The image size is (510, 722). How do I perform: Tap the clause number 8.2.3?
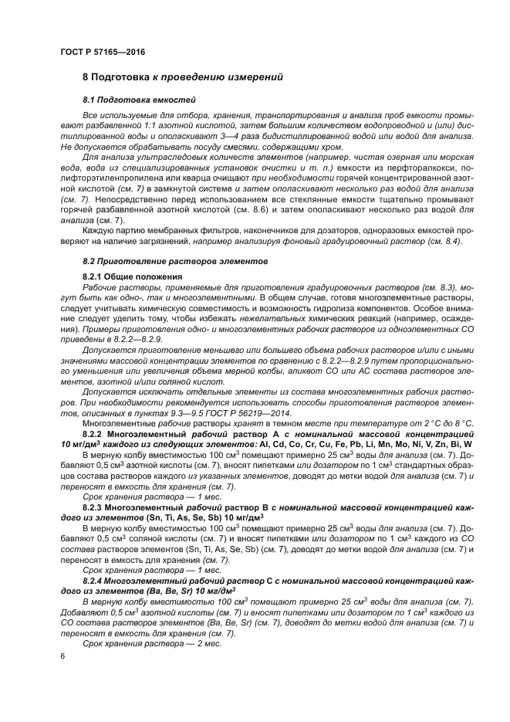pos(95,506)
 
